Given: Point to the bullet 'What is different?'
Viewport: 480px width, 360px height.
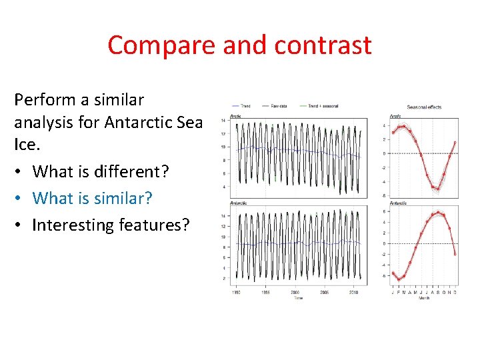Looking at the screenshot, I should coord(99,171).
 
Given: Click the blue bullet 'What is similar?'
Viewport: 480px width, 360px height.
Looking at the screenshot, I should coord(92,198).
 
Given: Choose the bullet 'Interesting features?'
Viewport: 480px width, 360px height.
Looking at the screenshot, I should coord(111,225).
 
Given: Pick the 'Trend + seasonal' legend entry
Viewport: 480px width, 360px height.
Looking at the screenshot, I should coord(321,107).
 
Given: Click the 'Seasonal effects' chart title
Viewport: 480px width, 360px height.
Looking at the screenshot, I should coord(423,107).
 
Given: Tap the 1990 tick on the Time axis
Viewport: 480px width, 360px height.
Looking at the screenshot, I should coord(236,293).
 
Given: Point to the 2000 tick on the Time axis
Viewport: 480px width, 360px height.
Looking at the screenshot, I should coord(295,293).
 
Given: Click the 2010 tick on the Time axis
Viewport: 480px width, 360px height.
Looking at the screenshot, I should coord(353,293).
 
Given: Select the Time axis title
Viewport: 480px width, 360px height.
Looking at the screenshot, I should coord(298,298).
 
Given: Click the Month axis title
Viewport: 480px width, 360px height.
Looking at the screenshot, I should coord(423,298).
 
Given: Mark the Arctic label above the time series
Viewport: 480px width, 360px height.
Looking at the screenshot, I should coord(235,117).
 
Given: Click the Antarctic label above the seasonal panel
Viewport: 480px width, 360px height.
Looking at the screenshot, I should coord(398,203).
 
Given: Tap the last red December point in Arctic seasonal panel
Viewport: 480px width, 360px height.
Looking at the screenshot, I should coord(455,142).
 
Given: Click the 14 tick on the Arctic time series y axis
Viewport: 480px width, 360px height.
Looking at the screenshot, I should coord(223,121).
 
